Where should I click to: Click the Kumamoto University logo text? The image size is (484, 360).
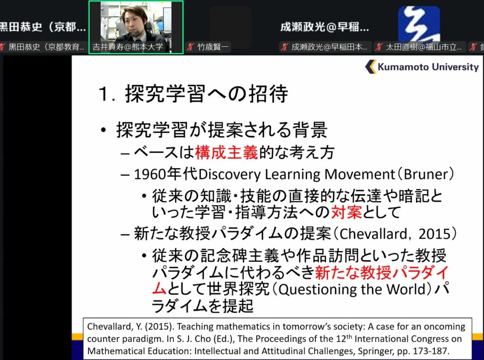tap(428, 67)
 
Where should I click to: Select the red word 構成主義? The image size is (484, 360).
tap(226, 152)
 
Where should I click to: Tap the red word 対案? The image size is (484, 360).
tap(346, 212)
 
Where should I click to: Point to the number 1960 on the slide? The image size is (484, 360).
tap(150, 174)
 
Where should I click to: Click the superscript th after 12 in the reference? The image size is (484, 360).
tap(349, 336)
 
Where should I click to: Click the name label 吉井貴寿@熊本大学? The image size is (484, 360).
tap(128, 47)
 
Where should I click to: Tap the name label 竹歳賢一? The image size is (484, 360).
tap(213, 47)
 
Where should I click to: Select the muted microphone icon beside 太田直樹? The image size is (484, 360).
tap(379, 47)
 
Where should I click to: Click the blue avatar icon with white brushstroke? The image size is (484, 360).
tap(419, 24)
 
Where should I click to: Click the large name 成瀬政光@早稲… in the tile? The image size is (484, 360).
tap(324, 27)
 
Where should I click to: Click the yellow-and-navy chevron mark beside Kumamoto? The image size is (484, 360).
tap(371, 66)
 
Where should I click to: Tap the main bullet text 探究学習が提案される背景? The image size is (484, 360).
tap(222, 129)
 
